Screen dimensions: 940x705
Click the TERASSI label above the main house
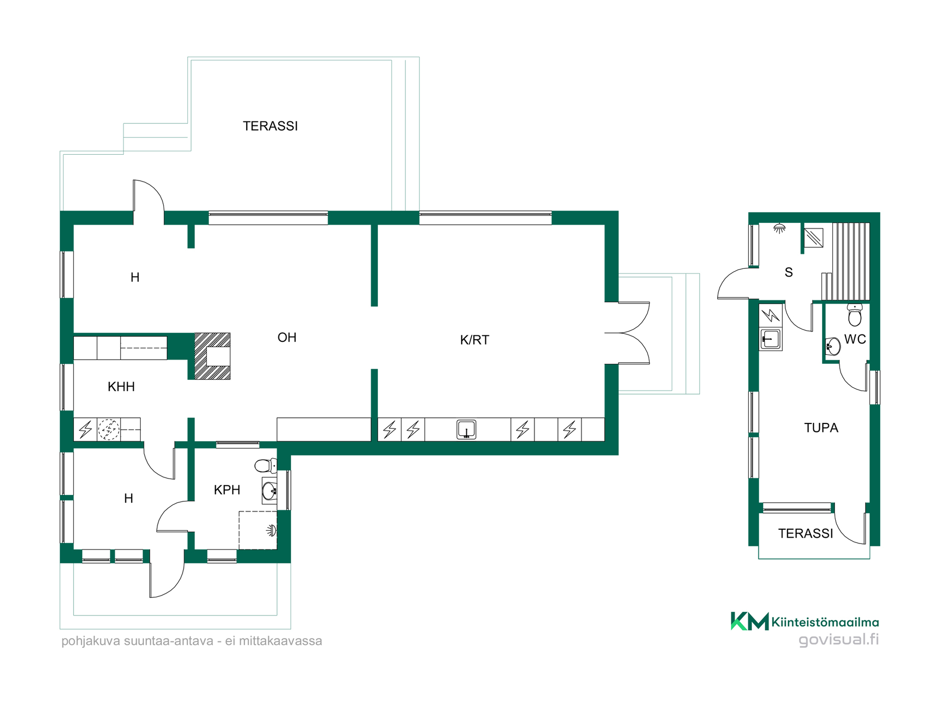[x=270, y=126]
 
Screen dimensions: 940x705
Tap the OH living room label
[x=287, y=337]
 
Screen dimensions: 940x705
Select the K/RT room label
[x=474, y=340]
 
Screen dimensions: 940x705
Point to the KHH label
[x=121, y=387]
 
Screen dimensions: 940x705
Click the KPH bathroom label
[x=227, y=490]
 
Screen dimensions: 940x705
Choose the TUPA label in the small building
[x=821, y=428]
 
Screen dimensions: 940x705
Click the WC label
[x=855, y=339]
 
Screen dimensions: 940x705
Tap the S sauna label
[x=788, y=273]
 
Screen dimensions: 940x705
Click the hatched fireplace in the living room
[x=212, y=356]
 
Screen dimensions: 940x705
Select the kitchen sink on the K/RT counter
[x=466, y=430]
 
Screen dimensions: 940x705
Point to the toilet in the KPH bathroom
[x=266, y=465]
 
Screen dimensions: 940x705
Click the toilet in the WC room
[x=855, y=315]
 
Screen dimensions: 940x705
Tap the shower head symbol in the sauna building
[x=779, y=228]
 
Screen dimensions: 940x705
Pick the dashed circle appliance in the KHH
[x=109, y=430]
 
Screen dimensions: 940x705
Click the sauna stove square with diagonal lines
[x=814, y=238]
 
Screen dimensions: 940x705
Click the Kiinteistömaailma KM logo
[x=750, y=622]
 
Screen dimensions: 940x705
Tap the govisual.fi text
[x=838, y=640]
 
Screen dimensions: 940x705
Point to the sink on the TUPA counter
[x=770, y=339]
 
